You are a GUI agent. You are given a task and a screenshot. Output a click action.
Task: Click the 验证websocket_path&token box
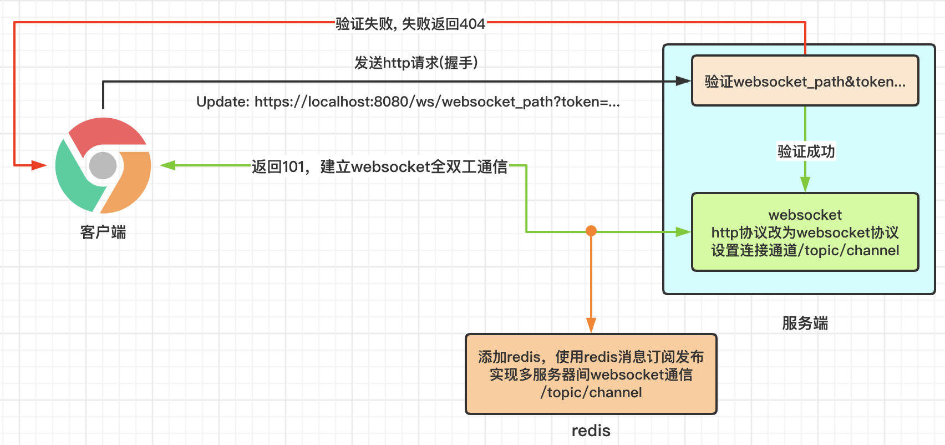point(805,81)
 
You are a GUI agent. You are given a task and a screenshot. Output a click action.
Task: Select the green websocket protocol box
point(805,232)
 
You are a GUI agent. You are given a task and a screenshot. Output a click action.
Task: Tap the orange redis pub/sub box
point(591,373)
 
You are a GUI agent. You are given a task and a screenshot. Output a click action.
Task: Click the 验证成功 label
point(806,151)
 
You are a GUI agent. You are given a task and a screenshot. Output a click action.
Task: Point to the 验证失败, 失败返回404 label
point(410,24)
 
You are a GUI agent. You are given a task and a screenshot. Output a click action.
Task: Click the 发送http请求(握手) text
point(416,63)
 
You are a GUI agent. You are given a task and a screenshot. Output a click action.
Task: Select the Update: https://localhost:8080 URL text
point(408,102)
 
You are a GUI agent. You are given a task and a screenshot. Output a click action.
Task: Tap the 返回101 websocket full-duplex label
point(379,166)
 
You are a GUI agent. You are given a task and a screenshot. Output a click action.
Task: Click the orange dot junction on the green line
point(591,231)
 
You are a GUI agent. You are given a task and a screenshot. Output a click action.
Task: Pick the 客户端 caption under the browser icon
point(103,232)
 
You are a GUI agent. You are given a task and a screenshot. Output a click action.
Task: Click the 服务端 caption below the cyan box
point(805,323)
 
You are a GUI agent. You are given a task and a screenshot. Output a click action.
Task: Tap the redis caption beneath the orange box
point(591,431)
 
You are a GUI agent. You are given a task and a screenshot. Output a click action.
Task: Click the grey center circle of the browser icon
point(103,165)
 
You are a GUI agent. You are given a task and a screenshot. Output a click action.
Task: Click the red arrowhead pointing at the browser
point(39,165)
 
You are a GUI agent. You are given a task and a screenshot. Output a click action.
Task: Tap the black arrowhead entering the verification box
point(683,81)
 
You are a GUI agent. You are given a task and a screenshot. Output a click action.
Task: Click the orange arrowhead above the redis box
point(591,325)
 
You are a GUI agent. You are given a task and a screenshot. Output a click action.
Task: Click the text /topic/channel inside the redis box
point(591,392)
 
